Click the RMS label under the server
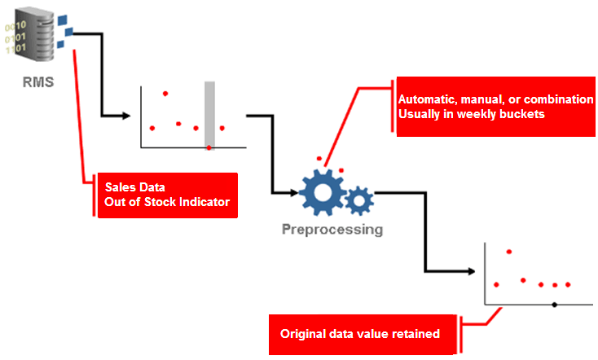[x=38, y=82]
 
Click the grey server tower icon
[x=33, y=35]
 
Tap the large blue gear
[x=322, y=191]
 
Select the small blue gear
[x=359, y=200]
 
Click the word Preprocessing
[x=332, y=230]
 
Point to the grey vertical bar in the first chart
[x=209, y=113]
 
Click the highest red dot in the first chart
[x=165, y=94]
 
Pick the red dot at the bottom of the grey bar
[x=209, y=147]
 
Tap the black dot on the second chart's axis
[x=555, y=305]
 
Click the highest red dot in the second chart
[x=508, y=252]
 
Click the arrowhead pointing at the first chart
[x=126, y=116]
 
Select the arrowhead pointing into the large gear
[x=294, y=193]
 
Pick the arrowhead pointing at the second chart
[x=472, y=271]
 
